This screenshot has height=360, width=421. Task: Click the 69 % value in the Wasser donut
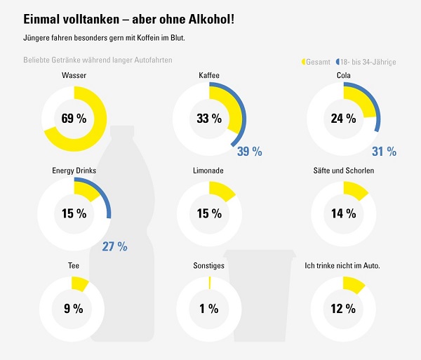click(x=74, y=119)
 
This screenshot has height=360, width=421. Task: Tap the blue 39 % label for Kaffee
click(x=249, y=152)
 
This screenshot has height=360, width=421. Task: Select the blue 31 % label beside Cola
click(x=384, y=152)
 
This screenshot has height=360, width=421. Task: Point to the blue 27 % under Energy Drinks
click(x=114, y=246)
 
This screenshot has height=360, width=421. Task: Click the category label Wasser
click(x=74, y=74)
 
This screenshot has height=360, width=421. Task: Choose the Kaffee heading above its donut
click(x=208, y=74)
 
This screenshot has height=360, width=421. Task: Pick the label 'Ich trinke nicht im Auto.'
click(x=343, y=266)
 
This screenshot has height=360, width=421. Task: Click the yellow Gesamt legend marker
click(x=304, y=62)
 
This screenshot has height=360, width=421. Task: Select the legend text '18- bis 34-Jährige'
click(x=368, y=62)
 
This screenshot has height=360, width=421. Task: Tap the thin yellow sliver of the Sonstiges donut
click(x=209, y=282)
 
